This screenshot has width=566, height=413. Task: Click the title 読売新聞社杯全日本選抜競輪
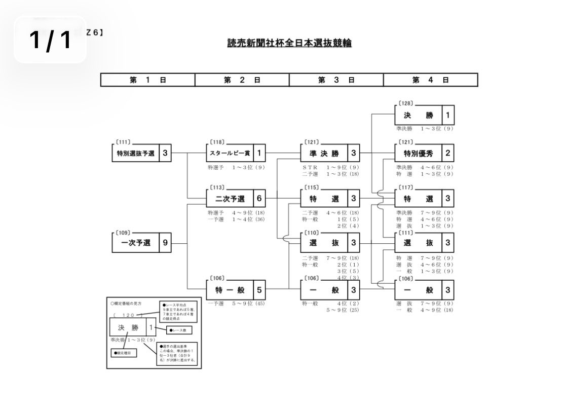click(289, 44)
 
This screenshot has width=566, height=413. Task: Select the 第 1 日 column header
click(147, 80)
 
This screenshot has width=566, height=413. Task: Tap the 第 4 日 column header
click(431, 80)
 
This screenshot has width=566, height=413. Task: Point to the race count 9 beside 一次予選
click(165, 243)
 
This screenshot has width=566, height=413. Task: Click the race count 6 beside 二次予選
click(259, 198)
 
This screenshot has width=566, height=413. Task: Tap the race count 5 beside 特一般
click(259, 290)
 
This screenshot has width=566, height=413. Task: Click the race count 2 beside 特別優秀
click(448, 153)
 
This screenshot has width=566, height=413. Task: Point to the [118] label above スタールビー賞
click(217, 142)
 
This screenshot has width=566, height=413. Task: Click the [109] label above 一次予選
click(123, 233)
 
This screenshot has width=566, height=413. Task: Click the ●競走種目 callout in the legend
click(123, 352)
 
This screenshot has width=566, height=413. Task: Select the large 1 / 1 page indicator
click(50, 40)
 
